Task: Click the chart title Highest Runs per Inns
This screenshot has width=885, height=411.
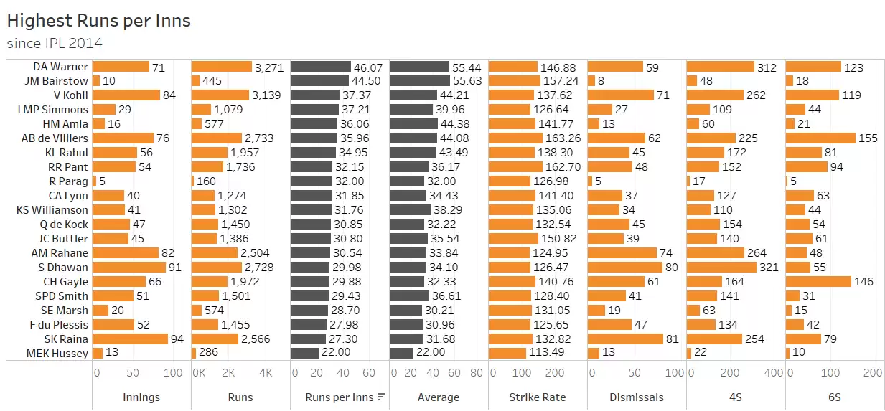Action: coord(98,20)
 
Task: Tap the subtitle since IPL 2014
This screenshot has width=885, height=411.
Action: coord(54,43)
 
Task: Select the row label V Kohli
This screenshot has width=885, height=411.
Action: coord(70,95)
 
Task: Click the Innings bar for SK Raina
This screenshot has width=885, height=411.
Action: coord(130,339)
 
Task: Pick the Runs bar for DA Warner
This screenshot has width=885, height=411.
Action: coord(222,67)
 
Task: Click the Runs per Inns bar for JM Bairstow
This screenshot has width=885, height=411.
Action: coord(319,81)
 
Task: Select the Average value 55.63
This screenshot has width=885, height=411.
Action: coord(467,81)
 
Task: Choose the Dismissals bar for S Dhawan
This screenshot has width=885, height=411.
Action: coord(624,268)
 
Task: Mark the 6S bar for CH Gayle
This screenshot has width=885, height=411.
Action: coord(818,282)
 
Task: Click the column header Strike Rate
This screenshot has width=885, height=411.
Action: coord(537,397)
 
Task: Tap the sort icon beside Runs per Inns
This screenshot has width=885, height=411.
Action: coord(382,397)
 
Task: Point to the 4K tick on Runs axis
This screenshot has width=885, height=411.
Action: coord(265,373)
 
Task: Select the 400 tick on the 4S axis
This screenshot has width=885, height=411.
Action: coord(774,373)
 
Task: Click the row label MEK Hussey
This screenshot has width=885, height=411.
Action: coord(57,353)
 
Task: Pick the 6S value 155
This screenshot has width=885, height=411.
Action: coord(868,138)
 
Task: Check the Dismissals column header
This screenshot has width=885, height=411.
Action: coord(636,397)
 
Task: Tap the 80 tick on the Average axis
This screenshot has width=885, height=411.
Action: coord(477,373)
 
